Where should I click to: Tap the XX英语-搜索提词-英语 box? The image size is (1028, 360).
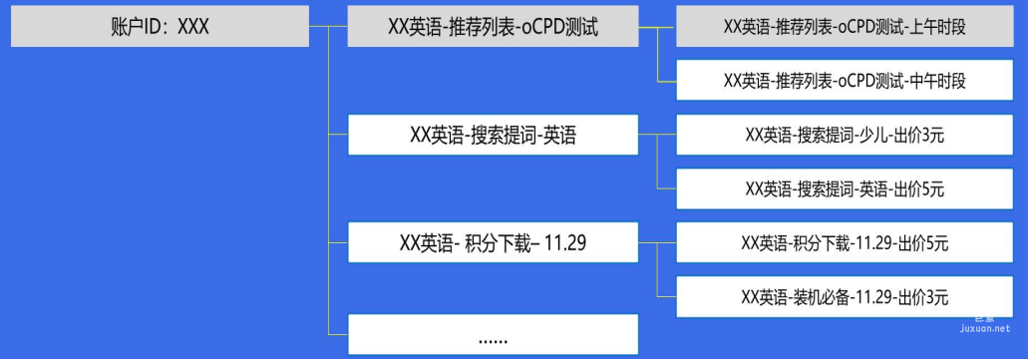(x=493, y=136)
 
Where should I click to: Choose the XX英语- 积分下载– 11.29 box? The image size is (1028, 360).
(x=493, y=241)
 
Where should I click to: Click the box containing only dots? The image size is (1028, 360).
(x=493, y=337)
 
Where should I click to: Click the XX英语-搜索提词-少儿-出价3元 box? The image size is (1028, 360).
(x=845, y=136)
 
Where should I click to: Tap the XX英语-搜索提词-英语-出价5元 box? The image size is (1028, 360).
(x=845, y=187)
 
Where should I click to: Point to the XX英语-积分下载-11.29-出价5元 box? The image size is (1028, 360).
(x=845, y=241)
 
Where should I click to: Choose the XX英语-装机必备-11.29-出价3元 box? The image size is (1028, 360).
(x=845, y=296)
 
